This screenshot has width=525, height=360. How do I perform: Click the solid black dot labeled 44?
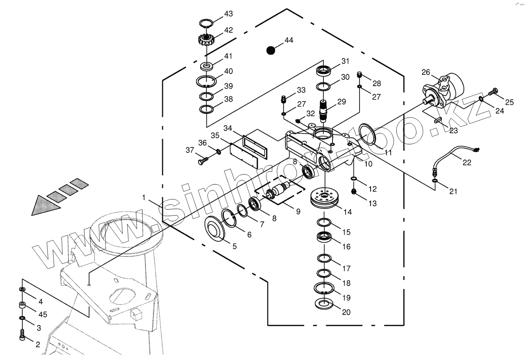point(270,50)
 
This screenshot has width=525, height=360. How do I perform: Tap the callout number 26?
point(426,72)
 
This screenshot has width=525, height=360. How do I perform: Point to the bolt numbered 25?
point(493,92)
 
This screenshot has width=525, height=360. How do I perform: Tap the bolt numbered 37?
point(202,161)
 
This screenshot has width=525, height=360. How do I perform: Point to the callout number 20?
point(346,312)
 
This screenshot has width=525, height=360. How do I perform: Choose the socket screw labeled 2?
point(22,335)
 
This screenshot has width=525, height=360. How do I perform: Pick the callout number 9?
point(298,211)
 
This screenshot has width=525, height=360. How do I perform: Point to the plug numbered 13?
point(354,192)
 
